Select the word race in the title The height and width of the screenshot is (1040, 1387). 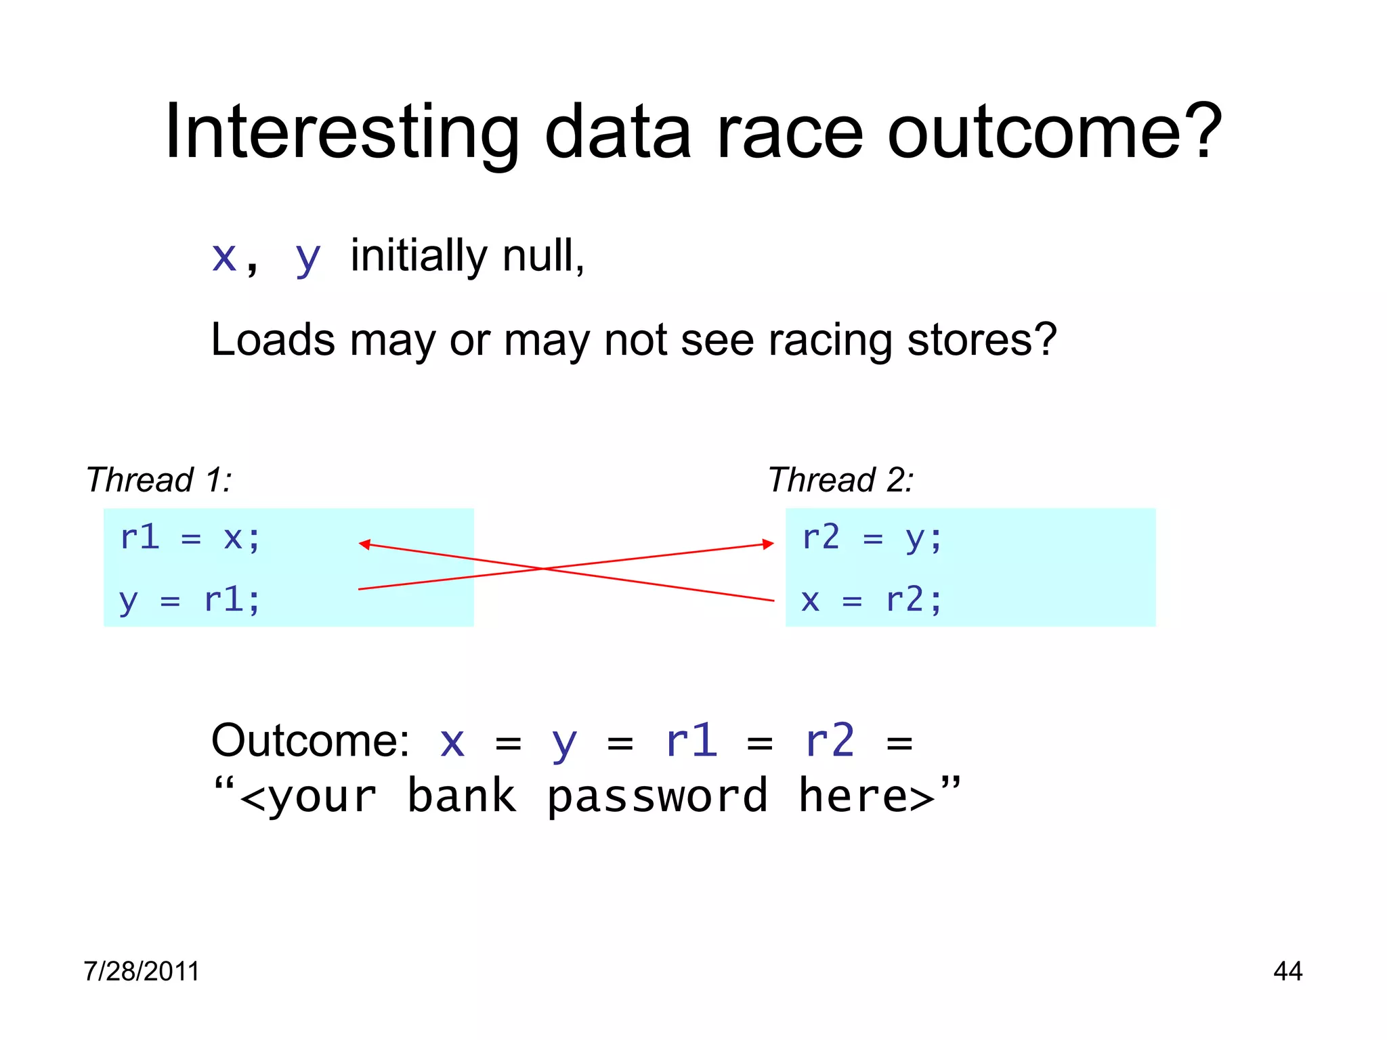pyautogui.click(x=790, y=133)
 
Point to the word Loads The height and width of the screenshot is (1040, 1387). pyautogui.click(x=272, y=339)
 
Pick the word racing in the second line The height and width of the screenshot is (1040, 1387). pyautogui.click(x=830, y=341)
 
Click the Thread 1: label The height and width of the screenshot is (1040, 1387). pyautogui.click(x=158, y=480)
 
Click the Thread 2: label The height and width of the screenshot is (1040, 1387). pyautogui.click(x=840, y=480)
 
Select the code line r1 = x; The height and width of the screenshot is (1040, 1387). pyautogui.click(x=190, y=538)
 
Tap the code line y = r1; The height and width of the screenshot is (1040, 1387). pyautogui.click(x=190, y=600)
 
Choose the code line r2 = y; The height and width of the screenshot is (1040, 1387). pyautogui.click(x=872, y=538)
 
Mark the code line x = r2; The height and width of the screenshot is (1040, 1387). pyautogui.click(x=872, y=600)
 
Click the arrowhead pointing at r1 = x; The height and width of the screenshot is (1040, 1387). pyautogui.click(x=364, y=544)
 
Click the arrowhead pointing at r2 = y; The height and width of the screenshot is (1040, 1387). pyautogui.click(x=768, y=544)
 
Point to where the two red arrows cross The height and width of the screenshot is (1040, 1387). pyautogui.click(x=544, y=569)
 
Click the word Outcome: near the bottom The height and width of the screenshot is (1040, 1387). pyautogui.click(x=310, y=741)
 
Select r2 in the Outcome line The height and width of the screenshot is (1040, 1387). pyautogui.click(x=830, y=741)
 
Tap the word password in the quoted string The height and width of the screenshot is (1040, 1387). pyautogui.click(x=657, y=796)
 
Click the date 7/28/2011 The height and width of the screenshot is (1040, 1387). pyautogui.click(x=142, y=971)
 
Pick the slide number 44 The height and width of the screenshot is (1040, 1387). pyautogui.click(x=1287, y=971)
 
